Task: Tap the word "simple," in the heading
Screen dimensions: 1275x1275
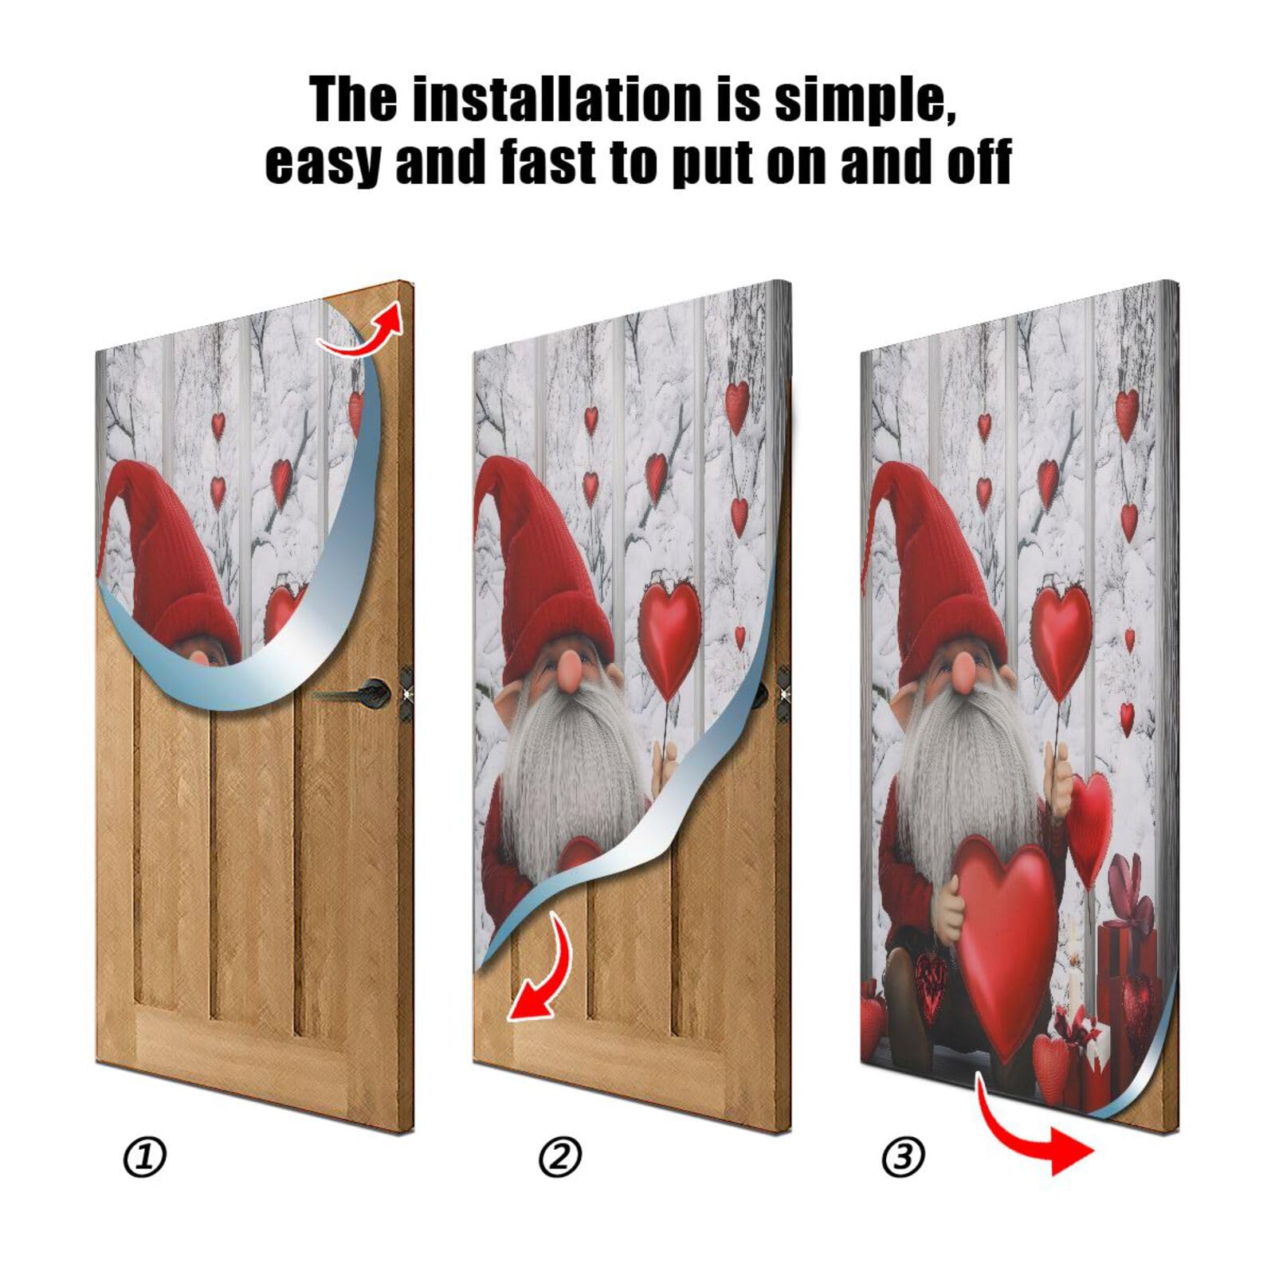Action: pos(865,100)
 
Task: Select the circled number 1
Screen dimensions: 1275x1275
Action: pos(145,1156)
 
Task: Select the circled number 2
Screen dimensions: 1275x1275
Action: pos(560,1156)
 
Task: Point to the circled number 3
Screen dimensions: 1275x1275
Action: pos(903,1156)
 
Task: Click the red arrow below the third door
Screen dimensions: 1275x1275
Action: pos(1036,1132)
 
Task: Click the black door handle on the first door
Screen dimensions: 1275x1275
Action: pos(371,692)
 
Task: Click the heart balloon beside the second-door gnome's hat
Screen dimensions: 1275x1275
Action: pos(669,630)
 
